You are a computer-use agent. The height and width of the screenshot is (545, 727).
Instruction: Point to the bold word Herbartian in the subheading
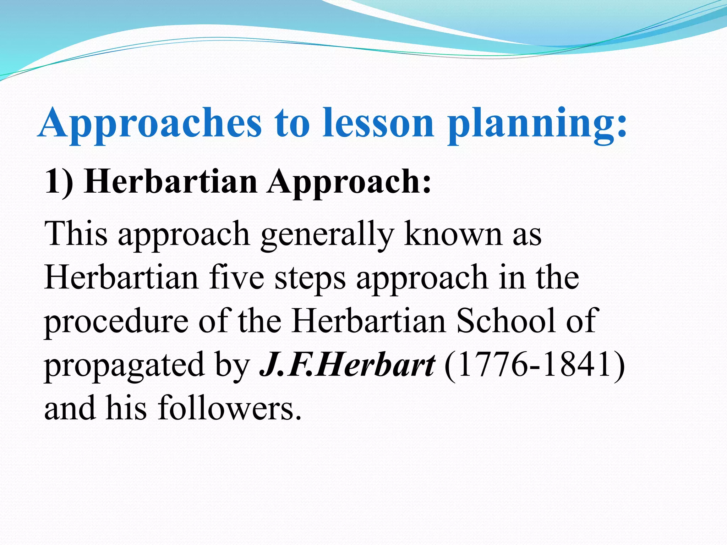click(171, 182)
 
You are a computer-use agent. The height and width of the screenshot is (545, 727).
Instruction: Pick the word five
click(236, 277)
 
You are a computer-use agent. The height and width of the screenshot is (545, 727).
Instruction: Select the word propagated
click(124, 365)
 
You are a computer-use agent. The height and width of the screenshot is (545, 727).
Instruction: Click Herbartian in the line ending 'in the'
click(121, 277)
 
